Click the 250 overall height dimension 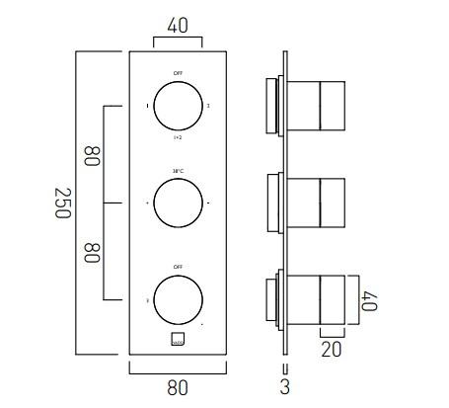pyautogui.click(x=60, y=203)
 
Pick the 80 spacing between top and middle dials pyautogui.click(x=92, y=155)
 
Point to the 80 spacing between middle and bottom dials pyautogui.click(x=92, y=251)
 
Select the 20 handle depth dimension pyautogui.click(x=333, y=349)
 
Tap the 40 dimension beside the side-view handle pyautogui.click(x=370, y=300)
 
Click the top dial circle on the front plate pyautogui.click(x=178, y=104)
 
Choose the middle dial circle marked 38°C pyautogui.click(x=178, y=203)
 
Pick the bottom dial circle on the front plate pyautogui.click(x=178, y=299)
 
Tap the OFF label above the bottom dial pyautogui.click(x=178, y=268)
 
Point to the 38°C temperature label pyautogui.click(x=178, y=172)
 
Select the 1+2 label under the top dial pyautogui.click(x=178, y=137)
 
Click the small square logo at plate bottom pyautogui.click(x=178, y=341)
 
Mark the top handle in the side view pyautogui.click(x=306, y=105)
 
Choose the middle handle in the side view pyautogui.click(x=306, y=203)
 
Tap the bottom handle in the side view pyautogui.click(x=306, y=300)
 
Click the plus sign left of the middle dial pyautogui.click(x=148, y=204)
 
